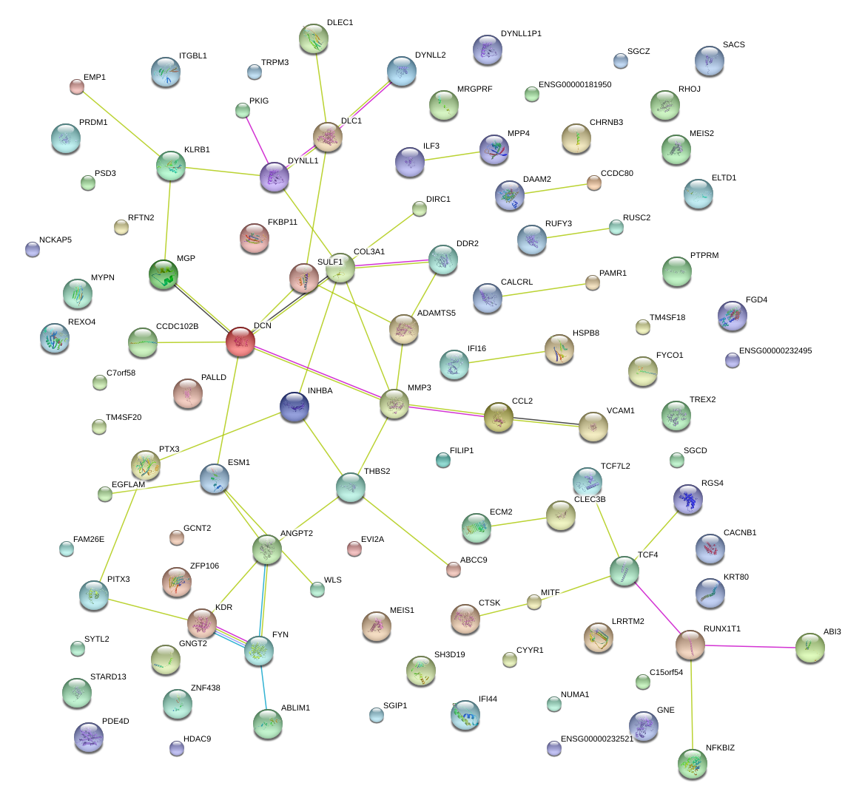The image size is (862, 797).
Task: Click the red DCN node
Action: pos(240,342)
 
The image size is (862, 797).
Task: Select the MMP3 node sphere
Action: pos(394,404)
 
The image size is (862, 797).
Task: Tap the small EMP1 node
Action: pos(76,86)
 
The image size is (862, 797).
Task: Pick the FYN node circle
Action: pos(259,650)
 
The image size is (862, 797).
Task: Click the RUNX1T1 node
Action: pos(690,645)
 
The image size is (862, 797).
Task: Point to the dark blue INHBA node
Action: pos(294,406)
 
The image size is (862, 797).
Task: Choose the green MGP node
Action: pos(164,274)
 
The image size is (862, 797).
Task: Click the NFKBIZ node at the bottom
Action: pos(693,764)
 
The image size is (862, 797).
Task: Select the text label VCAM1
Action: pos(620,411)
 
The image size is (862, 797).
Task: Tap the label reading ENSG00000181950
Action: pos(575,85)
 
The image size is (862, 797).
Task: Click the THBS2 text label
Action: pos(377,472)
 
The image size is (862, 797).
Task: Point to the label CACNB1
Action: pos(740,533)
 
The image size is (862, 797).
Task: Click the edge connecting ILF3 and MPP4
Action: pos(451,156)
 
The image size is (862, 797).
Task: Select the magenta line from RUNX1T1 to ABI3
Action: pos(750,647)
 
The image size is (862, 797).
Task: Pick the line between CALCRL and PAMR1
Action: pos(539,289)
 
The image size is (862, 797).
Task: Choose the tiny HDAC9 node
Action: pos(177,748)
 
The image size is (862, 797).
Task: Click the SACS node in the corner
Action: pos(710,61)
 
